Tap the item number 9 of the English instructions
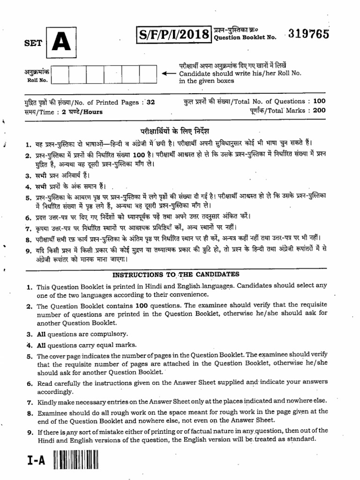click(28, 431)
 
